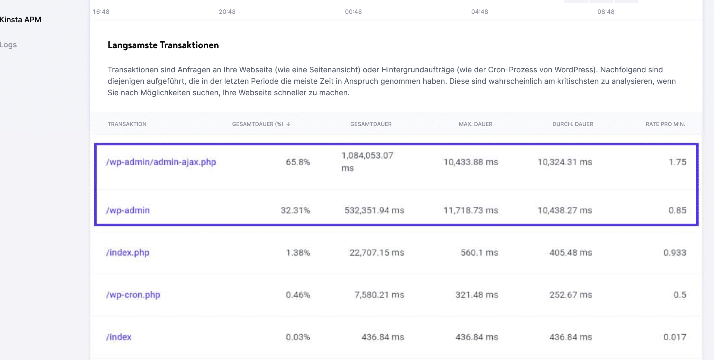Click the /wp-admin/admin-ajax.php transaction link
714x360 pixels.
click(x=161, y=162)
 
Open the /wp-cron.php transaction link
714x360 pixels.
click(x=133, y=295)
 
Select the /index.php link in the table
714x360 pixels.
click(x=128, y=253)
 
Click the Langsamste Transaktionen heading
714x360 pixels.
click(x=163, y=45)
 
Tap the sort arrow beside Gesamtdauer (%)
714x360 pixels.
click(x=288, y=124)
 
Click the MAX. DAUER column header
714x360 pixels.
click(x=475, y=124)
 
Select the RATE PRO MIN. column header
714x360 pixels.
click(x=665, y=124)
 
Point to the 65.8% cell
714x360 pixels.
click(x=298, y=162)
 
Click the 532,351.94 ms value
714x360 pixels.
click(x=374, y=210)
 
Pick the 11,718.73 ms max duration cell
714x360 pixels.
click(x=471, y=210)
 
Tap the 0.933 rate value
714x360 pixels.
click(x=675, y=253)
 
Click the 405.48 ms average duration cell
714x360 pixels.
click(x=570, y=253)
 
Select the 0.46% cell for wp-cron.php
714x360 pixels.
click(x=298, y=295)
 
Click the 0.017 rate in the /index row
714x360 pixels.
click(x=675, y=337)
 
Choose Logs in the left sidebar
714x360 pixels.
click(x=8, y=45)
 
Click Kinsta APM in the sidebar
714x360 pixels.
click(x=21, y=20)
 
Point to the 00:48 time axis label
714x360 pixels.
click(x=353, y=12)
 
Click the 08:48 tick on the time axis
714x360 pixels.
click(x=606, y=12)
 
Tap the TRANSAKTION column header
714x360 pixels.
click(x=127, y=124)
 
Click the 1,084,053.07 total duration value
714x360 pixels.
click(x=367, y=156)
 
